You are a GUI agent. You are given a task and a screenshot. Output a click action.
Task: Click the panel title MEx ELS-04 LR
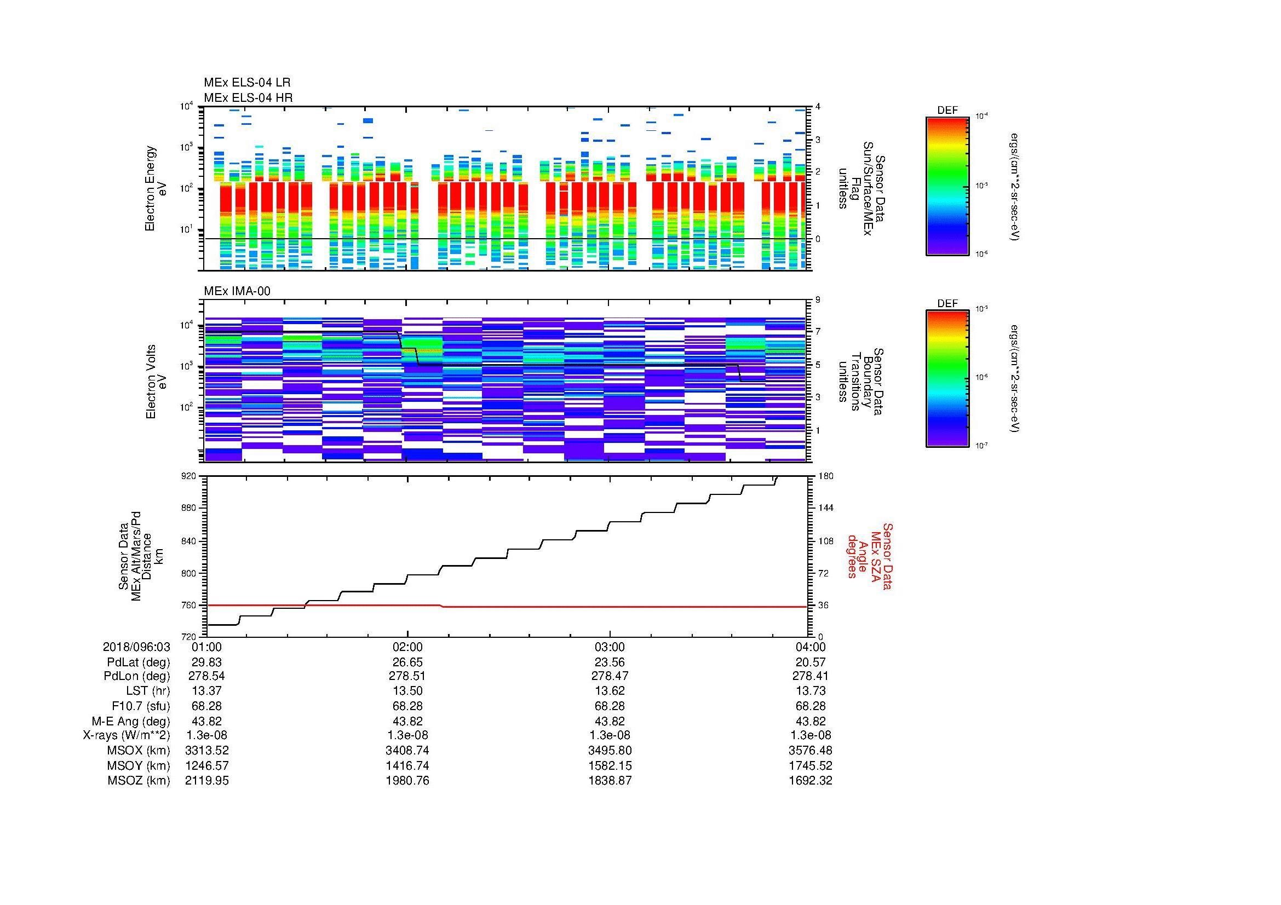tap(246, 83)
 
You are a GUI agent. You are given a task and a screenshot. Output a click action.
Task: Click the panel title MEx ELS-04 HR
tap(248, 97)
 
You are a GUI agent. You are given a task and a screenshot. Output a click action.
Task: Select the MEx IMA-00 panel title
tap(237, 291)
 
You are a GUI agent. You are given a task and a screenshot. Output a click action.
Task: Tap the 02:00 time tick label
tap(407, 647)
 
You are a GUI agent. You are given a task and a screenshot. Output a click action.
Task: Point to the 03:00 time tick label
tap(609, 647)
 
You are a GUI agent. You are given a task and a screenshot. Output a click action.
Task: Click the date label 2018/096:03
tap(136, 647)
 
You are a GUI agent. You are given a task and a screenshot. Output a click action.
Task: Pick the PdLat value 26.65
tap(407, 662)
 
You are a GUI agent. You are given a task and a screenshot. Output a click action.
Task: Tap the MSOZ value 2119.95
tap(206, 781)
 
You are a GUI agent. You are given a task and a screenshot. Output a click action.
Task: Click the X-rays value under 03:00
tap(609, 735)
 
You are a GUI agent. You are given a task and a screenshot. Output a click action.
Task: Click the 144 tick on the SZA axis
tap(825, 508)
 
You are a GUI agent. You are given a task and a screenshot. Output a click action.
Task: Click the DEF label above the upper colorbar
tap(947, 111)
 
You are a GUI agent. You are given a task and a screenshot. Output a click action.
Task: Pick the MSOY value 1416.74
tap(407, 765)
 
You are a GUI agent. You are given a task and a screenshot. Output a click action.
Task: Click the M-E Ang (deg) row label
tap(130, 721)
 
